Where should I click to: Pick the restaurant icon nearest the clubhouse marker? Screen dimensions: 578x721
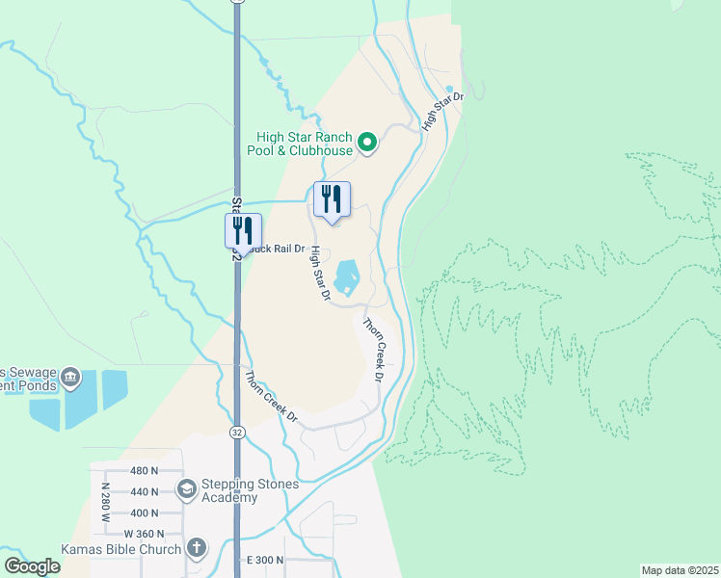tap(332, 198)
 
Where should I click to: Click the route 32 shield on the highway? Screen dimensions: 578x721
tap(237, 433)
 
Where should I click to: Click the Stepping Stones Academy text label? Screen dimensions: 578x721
tap(229, 491)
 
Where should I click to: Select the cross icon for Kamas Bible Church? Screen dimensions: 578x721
tap(196, 549)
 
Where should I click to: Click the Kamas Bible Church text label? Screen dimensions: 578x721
tap(120, 549)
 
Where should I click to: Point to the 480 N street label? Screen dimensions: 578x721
tap(143, 471)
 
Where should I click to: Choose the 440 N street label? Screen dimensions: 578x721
tap(143, 491)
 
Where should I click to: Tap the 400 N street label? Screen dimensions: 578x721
tap(143, 513)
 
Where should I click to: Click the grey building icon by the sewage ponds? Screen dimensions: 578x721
tap(69, 376)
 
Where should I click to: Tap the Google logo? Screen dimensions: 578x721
tap(32, 566)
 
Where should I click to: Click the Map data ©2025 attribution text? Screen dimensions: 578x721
tap(680, 570)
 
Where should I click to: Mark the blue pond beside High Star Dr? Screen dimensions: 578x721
tap(346, 276)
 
